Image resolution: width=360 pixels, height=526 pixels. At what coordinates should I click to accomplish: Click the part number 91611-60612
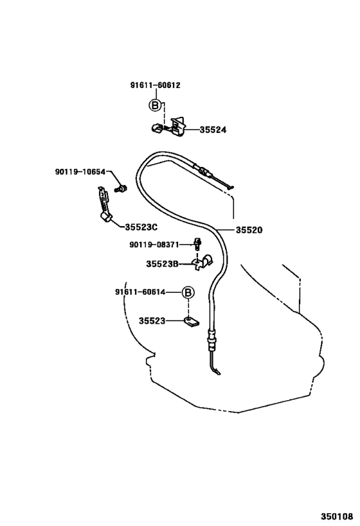click(x=155, y=85)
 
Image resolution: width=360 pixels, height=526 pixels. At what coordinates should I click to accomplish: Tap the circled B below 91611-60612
click(x=155, y=106)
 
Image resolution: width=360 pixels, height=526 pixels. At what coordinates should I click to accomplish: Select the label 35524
click(x=213, y=130)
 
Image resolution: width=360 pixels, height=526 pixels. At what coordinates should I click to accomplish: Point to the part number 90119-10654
click(x=80, y=171)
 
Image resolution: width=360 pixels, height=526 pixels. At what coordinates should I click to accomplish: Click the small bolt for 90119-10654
click(x=121, y=189)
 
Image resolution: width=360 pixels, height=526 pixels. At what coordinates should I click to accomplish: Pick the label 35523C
click(x=141, y=227)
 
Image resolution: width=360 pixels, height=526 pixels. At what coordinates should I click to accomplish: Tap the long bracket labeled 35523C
click(x=104, y=205)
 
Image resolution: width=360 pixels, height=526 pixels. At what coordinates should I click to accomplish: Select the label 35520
click(x=249, y=230)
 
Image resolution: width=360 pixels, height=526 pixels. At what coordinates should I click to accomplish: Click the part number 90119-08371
click(x=154, y=245)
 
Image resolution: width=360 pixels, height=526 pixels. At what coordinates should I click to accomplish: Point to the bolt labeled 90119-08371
click(x=198, y=244)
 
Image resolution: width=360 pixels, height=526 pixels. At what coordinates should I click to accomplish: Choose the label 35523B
click(x=162, y=264)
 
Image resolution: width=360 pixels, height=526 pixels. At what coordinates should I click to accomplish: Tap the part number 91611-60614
click(x=140, y=292)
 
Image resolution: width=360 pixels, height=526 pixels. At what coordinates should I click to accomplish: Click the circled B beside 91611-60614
click(x=188, y=292)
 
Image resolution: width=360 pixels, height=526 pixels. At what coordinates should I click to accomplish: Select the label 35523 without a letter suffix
click(x=152, y=321)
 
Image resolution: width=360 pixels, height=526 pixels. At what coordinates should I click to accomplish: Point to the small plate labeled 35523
click(x=191, y=322)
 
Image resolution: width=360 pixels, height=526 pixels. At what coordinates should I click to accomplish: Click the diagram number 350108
click(x=337, y=516)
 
